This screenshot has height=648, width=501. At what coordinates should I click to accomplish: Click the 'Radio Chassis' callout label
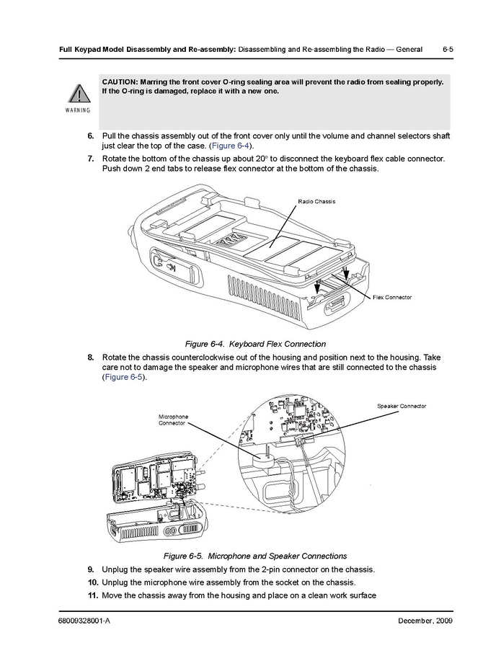316,201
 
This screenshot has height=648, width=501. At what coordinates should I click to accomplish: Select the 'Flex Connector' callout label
392,297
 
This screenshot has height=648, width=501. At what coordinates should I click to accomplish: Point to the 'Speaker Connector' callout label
402,407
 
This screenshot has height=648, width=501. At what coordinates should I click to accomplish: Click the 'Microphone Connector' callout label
173,420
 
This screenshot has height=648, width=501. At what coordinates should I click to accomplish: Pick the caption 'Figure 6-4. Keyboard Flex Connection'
256,344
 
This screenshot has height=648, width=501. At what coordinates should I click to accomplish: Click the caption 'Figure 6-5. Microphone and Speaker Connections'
255,556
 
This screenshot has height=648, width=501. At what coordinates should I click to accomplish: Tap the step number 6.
91,136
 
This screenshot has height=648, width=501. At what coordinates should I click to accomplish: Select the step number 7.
91,159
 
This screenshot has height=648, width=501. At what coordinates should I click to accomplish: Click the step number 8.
91,358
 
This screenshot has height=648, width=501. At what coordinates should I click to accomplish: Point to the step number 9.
91,569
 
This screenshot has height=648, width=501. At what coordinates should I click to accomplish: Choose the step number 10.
92,582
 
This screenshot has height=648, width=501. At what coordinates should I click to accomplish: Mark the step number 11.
92,595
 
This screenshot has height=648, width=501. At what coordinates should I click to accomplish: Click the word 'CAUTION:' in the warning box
120,81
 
